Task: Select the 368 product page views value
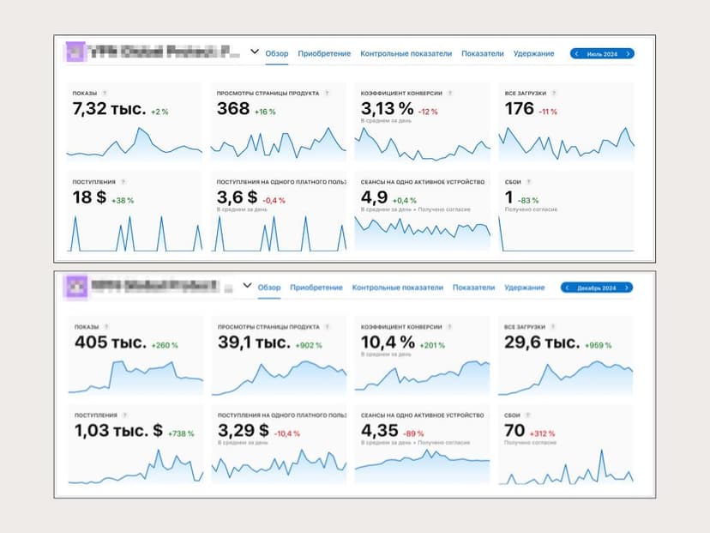pyautogui.click(x=233, y=109)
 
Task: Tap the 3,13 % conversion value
pyautogui.click(x=387, y=108)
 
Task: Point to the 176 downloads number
pyautogui.click(x=519, y=109)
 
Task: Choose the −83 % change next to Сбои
pyautogui.click(x=528, y=200)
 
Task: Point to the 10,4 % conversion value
pyautogui.click(x=388, y=343)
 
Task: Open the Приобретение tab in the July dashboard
pyautogui.click(x=324, y=54)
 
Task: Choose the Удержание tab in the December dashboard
pyautogui.click(x=525, y=288)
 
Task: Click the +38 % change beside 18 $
pyautogui.click(x=123, y=200)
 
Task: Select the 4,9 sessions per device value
pyautogui.click(x=375, y=197)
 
